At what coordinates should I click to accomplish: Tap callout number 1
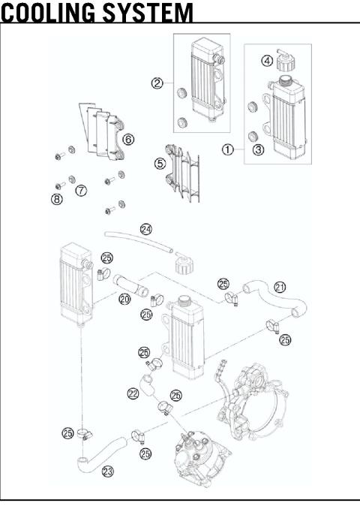tap(227, 149)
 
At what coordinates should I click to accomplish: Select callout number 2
tap(157, 83)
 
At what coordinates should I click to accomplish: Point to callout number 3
tap(257, 149)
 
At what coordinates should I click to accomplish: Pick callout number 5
tap(160, 162)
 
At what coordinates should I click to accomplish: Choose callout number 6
tap(128, 139)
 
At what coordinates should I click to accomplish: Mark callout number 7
tap(79, 191)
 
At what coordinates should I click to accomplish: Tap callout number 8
tap(57, 199)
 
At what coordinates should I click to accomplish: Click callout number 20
tap(124, 299)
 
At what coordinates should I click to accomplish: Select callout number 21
tap(280, 288)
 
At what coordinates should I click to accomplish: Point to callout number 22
tap(133, 393)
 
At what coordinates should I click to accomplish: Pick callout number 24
tap(145, 228)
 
